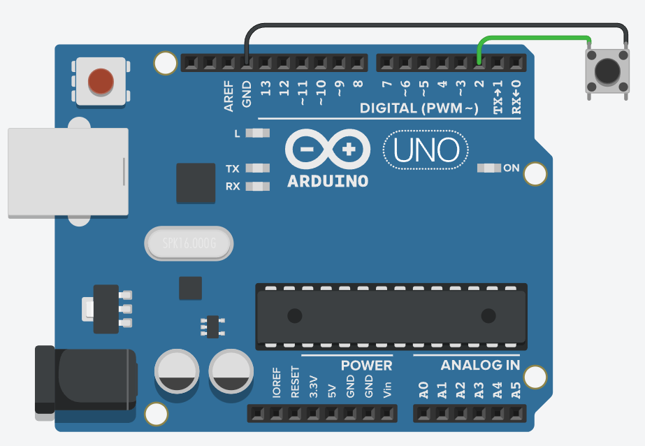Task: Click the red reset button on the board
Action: pos(101,81)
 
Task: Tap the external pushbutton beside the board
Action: pos(606,70)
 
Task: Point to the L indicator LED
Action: pos(259,133)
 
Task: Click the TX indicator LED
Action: pos(259,168)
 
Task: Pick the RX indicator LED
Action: pos(259,187)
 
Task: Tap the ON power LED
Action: pos(488,168)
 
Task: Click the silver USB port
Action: pos(68,172)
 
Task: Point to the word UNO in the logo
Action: pos(426,150)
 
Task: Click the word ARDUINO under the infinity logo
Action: pos(328,181)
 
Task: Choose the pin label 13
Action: pos(265,88)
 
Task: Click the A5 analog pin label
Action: pos(516,390)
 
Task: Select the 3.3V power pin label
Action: pos(313,387)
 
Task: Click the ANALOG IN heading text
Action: pos(480,366)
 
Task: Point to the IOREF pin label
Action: pos(276,383)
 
